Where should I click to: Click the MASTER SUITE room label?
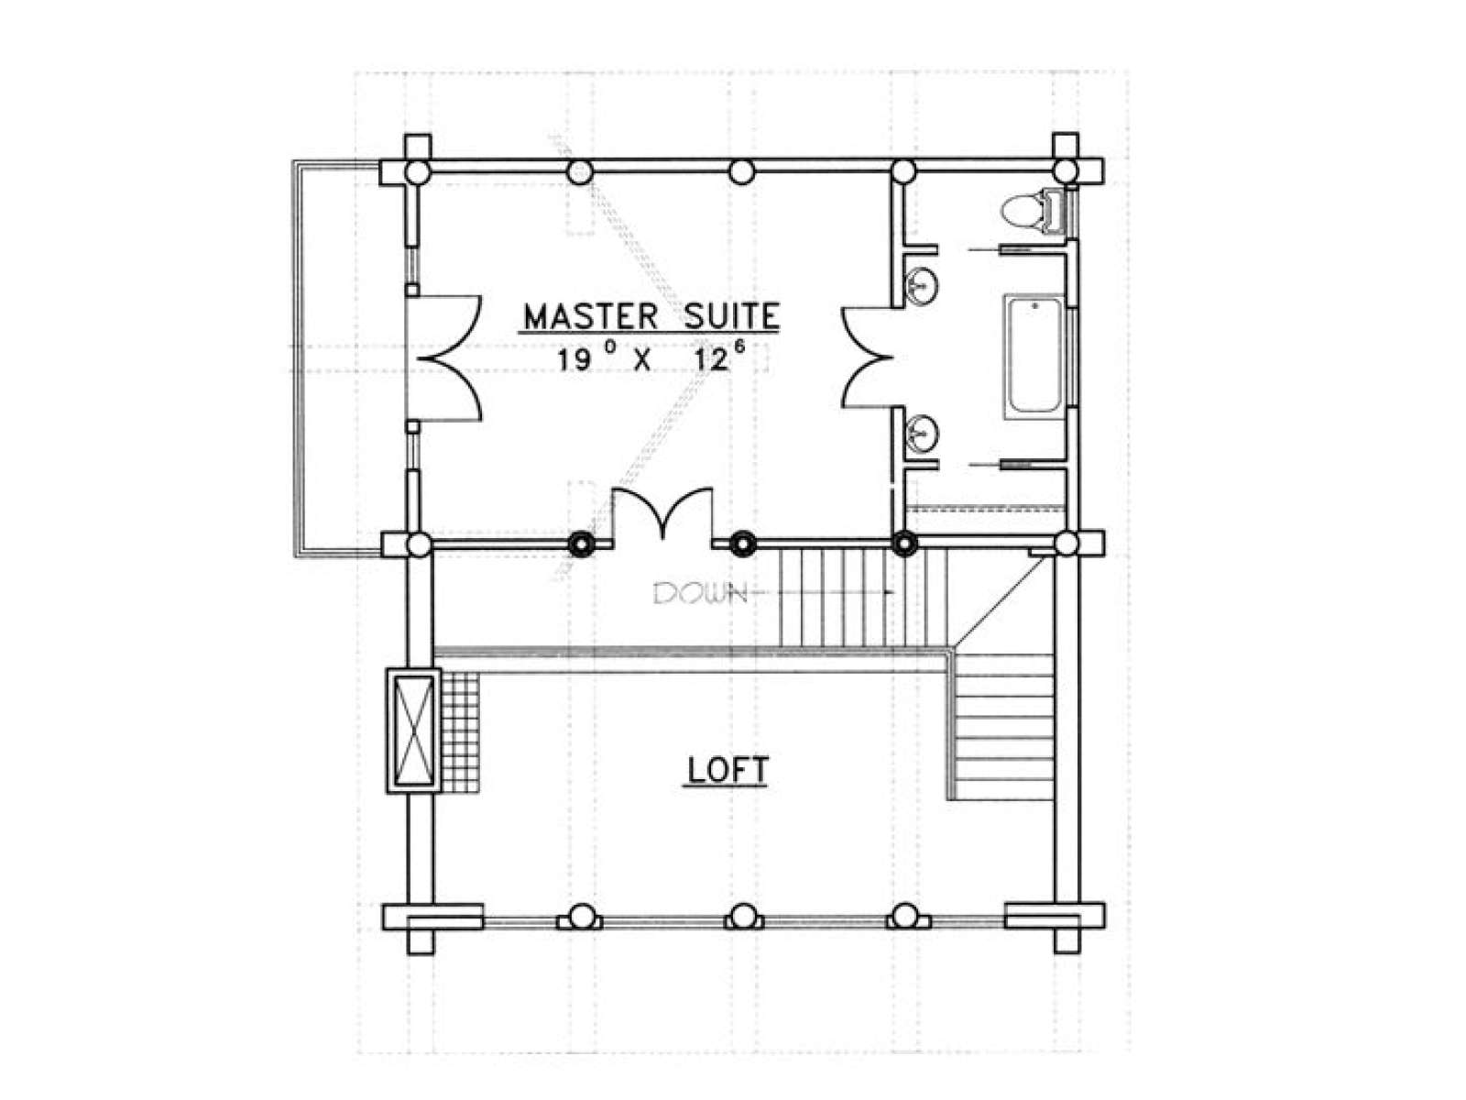[651, 316]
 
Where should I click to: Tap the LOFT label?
[728, 770]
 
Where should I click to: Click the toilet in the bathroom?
[1031, 212]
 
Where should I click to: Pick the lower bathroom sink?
[922, 434]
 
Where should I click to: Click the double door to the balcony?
[444, 358]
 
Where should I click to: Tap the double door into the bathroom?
[867, 357]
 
